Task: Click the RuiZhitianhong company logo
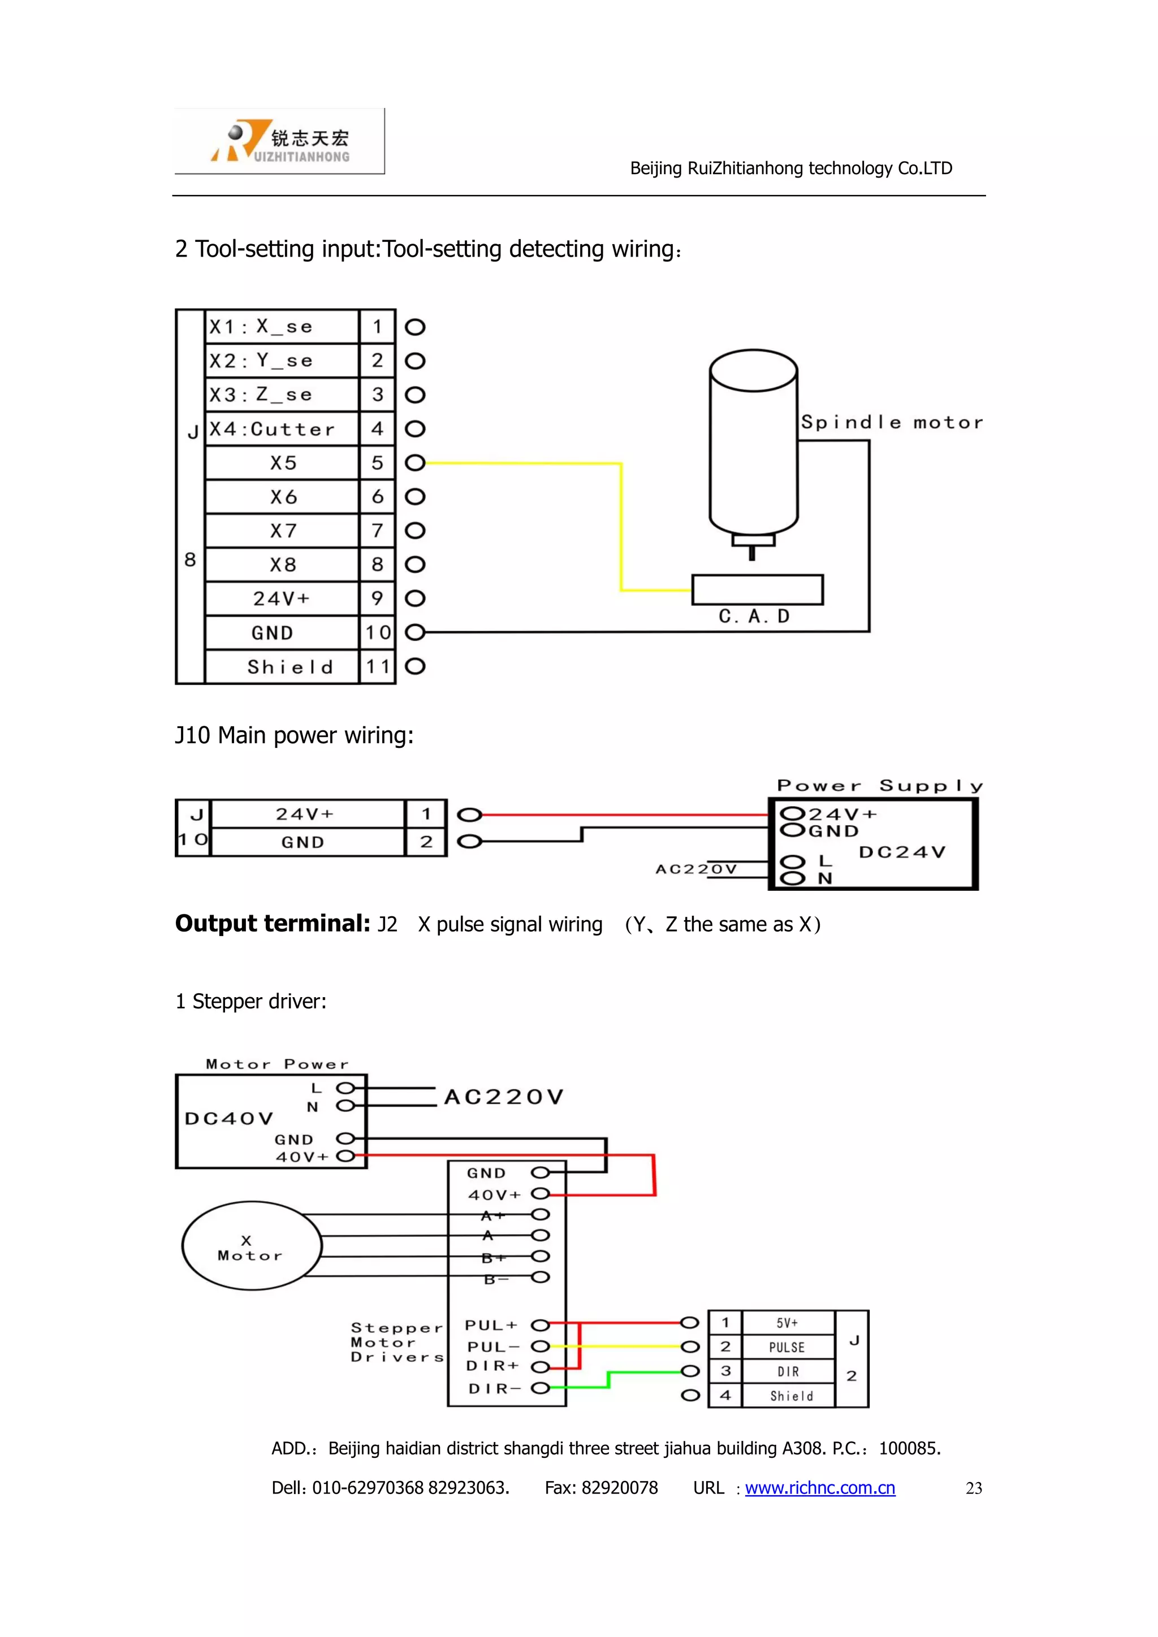pos(279,141)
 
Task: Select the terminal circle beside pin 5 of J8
pos(415,463)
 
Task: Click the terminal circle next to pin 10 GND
pos(415,633)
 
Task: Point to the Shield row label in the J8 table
pos(289,666)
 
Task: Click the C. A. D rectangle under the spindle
pos(757,590)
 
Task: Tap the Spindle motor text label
pos(891,422)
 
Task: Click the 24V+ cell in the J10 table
pos(305,813)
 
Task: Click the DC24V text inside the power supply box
pos(901,852)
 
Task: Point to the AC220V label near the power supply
pos(696,868)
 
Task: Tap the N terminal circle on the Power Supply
pos(792,878)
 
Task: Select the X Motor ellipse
pos(252,1246)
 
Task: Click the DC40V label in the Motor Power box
pos(228,1118)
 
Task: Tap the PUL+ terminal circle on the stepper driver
pos(541,1326)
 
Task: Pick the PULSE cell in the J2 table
pos(787,1347)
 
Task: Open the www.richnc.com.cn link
pos(819,1487)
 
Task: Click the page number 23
pos(973,1488)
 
